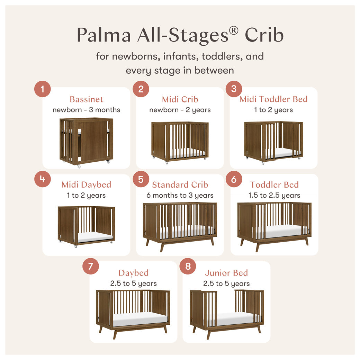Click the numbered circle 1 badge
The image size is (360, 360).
coord(43,89)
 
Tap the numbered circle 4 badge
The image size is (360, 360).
coord(43,179)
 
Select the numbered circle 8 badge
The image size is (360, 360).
coord(188,266)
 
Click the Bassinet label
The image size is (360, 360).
coord(87,99)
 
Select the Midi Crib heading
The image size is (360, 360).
coord(180,99)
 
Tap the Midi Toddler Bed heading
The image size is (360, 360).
coord(273,99)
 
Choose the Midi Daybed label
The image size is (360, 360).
coord(87,184)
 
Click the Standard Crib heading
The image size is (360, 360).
coord(180,184)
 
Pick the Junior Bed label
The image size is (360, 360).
coord(226,273)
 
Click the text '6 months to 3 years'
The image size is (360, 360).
coord(180,195)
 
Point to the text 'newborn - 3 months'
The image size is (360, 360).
coord(87,110)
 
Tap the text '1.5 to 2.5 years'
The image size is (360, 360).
coord(274,195)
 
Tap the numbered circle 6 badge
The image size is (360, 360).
coord(234,179)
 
